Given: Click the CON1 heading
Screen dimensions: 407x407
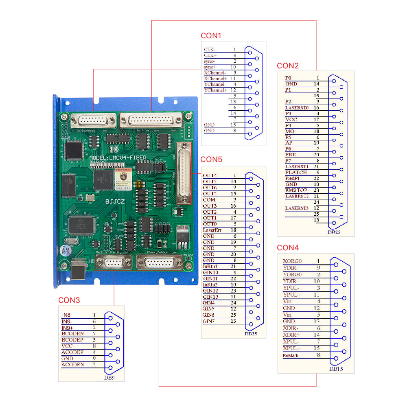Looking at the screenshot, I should [x=211, y=35].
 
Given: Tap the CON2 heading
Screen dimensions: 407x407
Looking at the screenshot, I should [x=288, y=66].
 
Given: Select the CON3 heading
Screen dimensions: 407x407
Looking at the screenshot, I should [x=69, y=300].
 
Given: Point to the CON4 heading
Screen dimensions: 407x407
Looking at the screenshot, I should [x=288, y=247].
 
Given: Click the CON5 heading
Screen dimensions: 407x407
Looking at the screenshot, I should [x=212, y=159].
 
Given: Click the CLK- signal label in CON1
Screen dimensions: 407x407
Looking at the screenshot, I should [x=210, y=49].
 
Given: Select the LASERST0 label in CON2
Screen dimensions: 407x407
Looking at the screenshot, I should [x=297, y=108].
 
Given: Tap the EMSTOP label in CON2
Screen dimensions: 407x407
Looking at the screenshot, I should [x=295, y=190].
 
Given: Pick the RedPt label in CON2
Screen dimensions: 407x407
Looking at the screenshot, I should [x=292, y=178].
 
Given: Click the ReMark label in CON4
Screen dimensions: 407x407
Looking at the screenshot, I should [x=291, y=356].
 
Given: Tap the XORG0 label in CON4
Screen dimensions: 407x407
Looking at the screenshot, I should [x=292, y=261].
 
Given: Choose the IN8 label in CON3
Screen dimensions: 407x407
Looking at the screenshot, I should [x=66, y=315].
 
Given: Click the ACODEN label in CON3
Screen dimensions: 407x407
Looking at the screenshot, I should [x=72, y=365].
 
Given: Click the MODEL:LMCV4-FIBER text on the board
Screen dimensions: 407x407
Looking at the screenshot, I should [x=118, y=157].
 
